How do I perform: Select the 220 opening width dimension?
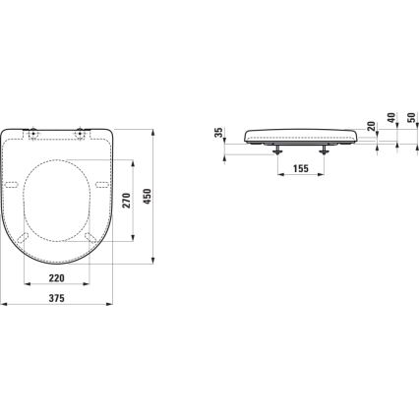(55, 278)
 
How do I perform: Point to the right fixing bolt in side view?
(324, 148)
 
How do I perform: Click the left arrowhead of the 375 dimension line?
(3, 307)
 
